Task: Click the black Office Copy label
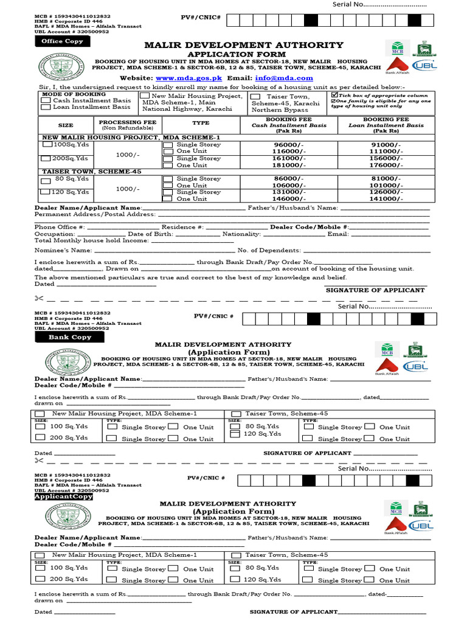pyautogui.click(x=62, y=41)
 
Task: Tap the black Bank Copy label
pyautogui.click(x=70, y=336)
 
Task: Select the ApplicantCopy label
pyautogui.click(x=64, y=496)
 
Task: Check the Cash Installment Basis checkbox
pyautogui.click(x=46, y=100)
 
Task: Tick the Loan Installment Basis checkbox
pyautogui.click(x=46, y=107)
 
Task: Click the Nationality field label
pyautogui.click(x=241, y=234)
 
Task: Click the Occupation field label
pyautogui.click(x=55, y=234)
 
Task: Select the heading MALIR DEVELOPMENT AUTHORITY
pyautogui.click(x=243, y=45)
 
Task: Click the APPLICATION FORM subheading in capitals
pyautogui.click(x=243, y=54)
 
